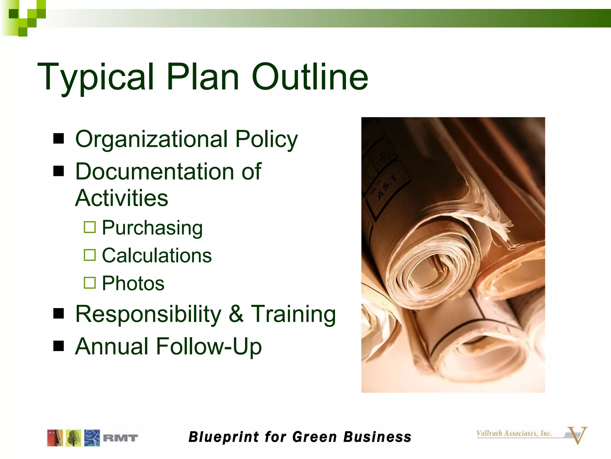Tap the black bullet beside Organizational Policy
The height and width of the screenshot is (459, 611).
coord(59,138)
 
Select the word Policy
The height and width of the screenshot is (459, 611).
coord(266,139)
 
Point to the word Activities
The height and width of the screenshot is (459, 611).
coord(121,198)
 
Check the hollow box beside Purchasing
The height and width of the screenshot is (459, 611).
coord(90,227)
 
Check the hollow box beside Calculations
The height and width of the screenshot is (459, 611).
coord(90,255)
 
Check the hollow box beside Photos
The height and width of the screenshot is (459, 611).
coord(90,283)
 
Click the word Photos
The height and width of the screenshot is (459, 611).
coord(133,283)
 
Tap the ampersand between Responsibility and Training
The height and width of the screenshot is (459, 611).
coord(236,314)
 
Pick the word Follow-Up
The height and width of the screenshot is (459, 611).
coord(209,346)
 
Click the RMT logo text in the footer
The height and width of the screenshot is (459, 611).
coord(120,438)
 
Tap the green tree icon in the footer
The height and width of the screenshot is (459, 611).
coord(73,438)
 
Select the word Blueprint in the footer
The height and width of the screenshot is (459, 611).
coord(224,437)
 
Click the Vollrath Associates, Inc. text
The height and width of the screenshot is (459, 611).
coord(514,433)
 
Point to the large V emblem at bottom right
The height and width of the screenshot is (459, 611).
coord(577,435)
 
